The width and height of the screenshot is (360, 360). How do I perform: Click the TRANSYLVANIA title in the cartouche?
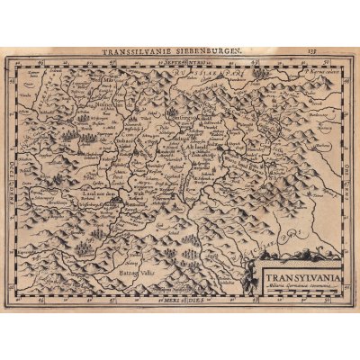click(x=296, y=278)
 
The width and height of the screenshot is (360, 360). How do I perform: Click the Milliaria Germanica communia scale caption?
click(x=297, y=287)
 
